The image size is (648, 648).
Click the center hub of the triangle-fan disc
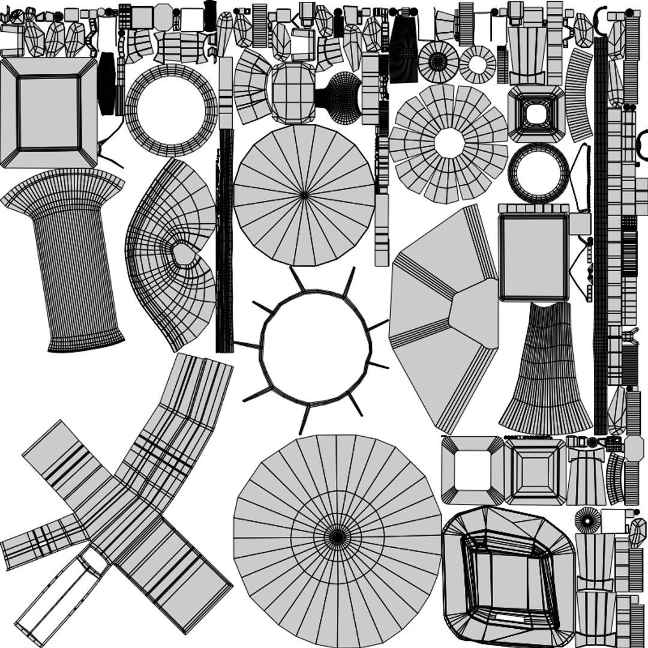pos(304,194)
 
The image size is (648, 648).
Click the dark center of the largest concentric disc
pos(338,536)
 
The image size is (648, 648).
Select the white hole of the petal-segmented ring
pos(449,143)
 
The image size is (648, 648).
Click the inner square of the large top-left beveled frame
pos(49,113)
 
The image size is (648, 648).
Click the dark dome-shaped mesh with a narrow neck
pos(342,96)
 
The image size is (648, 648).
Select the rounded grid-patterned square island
pos(293,93)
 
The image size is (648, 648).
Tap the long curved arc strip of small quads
pos(578,96)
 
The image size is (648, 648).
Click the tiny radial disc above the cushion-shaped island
pos(587,520)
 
